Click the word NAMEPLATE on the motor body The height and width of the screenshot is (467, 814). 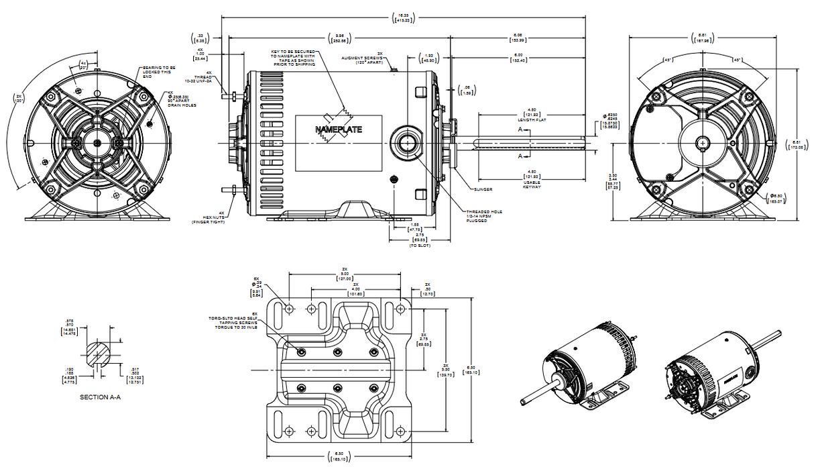coord(339,129)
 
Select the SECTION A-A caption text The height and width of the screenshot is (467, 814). coord(100,397)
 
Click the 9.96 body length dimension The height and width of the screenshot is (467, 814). coord(339,38)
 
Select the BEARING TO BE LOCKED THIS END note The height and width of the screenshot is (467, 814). coord(158,72)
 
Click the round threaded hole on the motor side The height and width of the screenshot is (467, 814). coord(405,142)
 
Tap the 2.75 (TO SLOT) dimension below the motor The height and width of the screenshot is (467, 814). coord(419,240)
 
